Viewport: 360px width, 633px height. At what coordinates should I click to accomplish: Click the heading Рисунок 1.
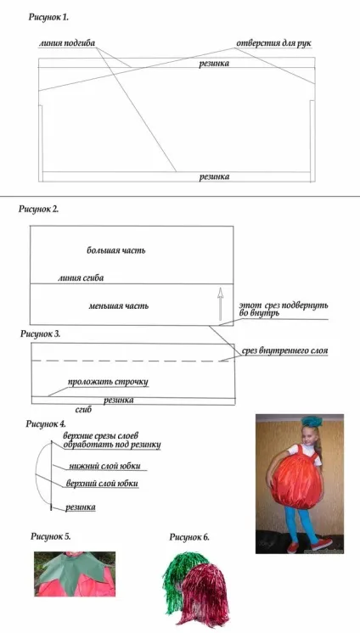48,17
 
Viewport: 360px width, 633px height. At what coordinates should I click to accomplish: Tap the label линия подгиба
67,43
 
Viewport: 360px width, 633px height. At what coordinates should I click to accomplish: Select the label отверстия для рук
273,43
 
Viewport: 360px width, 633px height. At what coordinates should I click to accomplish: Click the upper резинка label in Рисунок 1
214,63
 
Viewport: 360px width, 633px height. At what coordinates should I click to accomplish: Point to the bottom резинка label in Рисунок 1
214,176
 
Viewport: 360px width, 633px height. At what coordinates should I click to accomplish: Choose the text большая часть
116,250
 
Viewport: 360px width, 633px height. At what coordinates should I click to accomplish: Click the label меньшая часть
118,306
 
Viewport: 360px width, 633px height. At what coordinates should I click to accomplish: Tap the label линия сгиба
81,277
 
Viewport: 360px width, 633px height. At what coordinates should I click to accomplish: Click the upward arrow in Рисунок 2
220,304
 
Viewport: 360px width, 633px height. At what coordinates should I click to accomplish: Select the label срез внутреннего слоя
284,351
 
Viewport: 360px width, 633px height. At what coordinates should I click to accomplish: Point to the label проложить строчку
108,382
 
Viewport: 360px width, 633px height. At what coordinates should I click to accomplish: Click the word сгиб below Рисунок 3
84,409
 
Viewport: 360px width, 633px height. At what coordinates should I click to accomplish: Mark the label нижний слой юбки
104,466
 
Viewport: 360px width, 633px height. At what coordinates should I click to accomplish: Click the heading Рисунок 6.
189,537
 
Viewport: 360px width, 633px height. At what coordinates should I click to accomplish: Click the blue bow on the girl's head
310,420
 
